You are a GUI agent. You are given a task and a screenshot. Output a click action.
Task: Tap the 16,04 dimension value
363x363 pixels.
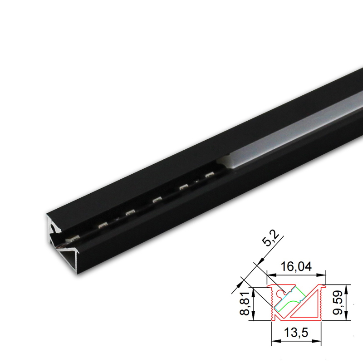tap(296, 267)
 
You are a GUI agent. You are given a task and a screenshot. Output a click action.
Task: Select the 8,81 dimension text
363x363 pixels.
tap(245, 304)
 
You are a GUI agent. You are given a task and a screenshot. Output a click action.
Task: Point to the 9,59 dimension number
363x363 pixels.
tap(338, 303)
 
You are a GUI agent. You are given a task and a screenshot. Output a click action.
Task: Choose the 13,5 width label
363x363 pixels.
tap(296, 333)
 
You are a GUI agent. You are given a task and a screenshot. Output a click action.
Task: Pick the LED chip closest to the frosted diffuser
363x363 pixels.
tap(210, 175)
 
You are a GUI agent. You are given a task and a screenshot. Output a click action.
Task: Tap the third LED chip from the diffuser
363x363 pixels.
tap(157, 199)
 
